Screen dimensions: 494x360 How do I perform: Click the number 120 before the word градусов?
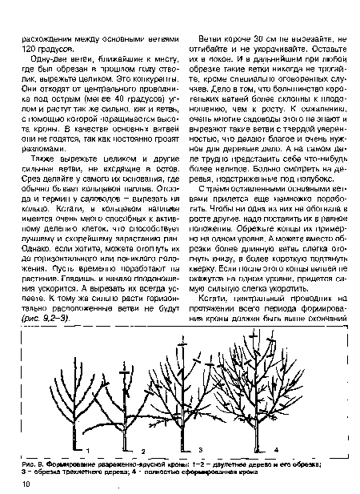point(31,50)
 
